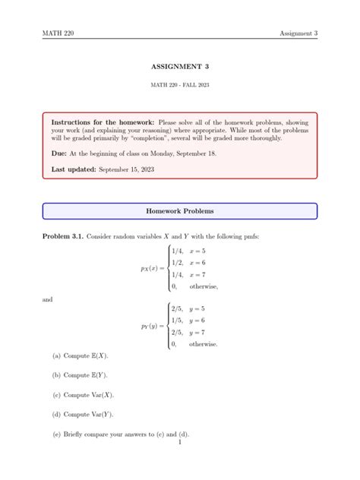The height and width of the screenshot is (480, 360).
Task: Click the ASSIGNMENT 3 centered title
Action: point(180,67)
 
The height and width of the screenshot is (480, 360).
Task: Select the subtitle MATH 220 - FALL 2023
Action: point(180,84)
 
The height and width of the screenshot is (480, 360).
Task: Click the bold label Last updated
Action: point(74,169)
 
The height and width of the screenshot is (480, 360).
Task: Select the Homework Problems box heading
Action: point(180,210)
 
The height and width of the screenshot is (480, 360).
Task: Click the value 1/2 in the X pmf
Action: point(178,261)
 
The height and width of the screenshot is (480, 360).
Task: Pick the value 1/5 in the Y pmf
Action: point(178,321)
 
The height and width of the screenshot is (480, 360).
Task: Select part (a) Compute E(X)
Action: point(81,355)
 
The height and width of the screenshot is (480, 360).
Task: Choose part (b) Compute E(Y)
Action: point(81,375)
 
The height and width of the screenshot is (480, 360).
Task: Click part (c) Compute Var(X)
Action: point(83,395)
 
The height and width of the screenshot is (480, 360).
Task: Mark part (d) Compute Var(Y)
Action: point(83,415)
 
